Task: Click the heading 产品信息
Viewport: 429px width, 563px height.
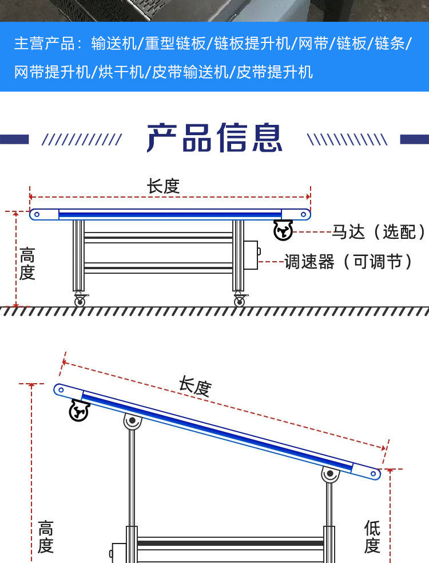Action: click(x=214, y=137)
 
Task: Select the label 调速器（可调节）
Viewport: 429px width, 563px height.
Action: click(x=348, y=262)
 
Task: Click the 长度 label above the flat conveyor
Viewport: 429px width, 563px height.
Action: click(x=163, y=186)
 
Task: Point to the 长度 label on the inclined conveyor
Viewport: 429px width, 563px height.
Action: click(x=195, y=386)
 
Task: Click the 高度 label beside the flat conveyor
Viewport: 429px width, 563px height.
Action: click(x=27, y=263)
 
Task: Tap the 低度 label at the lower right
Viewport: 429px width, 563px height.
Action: click(x=372, y=537)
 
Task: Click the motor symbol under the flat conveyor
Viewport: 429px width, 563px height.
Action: click(x=283, y=230)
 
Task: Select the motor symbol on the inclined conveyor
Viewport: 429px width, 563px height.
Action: click(x=79, y=411)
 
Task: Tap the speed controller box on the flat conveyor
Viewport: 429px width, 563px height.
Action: click(x=252, y=255)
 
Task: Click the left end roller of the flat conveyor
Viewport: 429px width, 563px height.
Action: click(x=37, y=215)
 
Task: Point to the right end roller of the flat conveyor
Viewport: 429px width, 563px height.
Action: click(x=304, y=215)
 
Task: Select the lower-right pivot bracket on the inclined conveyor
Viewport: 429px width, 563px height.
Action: click(x=331, y=475)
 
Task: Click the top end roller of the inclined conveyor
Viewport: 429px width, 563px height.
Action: click(x=61, y=390)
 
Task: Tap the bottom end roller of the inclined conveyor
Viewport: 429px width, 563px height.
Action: click(x=373, y=474)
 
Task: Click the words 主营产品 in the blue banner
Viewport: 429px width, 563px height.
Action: click(x=45, y=44)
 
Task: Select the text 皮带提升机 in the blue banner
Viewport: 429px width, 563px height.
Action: click(x=275, y=72)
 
